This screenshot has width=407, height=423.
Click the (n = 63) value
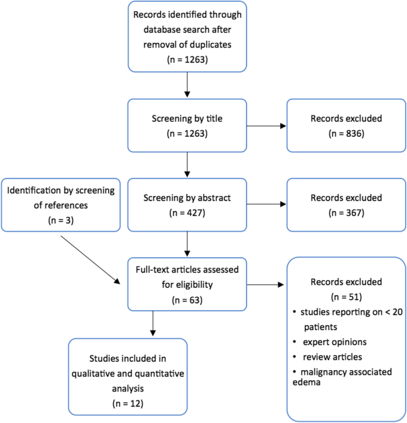click(187, 299)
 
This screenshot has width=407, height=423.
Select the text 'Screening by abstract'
click(187, 197)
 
